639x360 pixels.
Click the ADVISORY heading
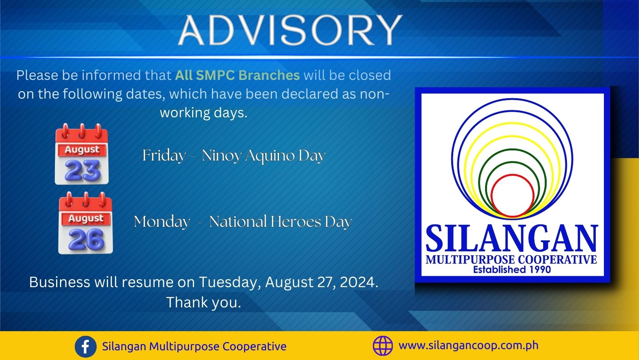(x=290, y=30)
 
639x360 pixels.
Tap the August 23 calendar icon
(x=82, y=154)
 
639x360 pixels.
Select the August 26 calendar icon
(x=86, y=223)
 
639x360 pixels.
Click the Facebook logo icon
(x=85, y=347)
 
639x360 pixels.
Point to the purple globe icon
(x=383, y=346)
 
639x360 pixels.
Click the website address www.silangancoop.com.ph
(x=468, y=346)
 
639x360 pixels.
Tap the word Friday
(x=164, y=156)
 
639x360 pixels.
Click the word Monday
(x=162, y=222)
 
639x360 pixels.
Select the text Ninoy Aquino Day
(x=263, y=156)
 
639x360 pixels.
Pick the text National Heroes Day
(x=281, y=222)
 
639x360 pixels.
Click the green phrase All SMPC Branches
(x=237, y=75)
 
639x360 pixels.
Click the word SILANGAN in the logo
(x=512, y=238)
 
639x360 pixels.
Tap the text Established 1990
(x=512, y=270)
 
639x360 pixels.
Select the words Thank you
(x=204, y=302)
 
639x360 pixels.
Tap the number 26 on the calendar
(x=86, y=239)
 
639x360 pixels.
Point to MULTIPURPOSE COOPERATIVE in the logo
(x=512, y=259)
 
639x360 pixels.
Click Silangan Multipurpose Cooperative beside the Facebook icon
(x=194, y=346)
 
